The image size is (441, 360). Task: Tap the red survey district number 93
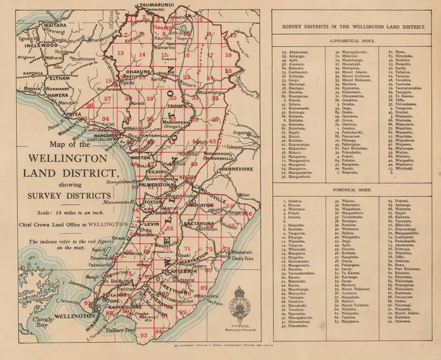point(144,335)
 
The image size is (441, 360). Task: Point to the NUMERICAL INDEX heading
point(350,188)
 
